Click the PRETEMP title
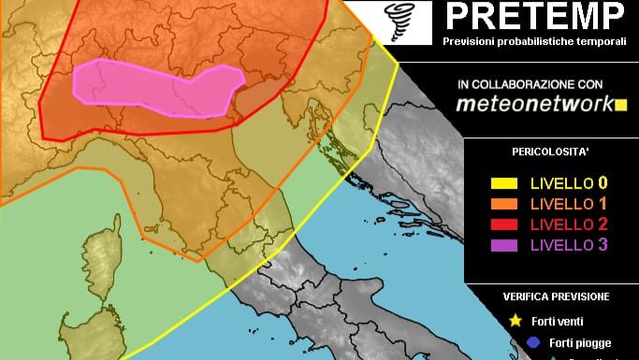[x=534, y=17]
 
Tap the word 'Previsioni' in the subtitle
[x=469, y=41]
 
